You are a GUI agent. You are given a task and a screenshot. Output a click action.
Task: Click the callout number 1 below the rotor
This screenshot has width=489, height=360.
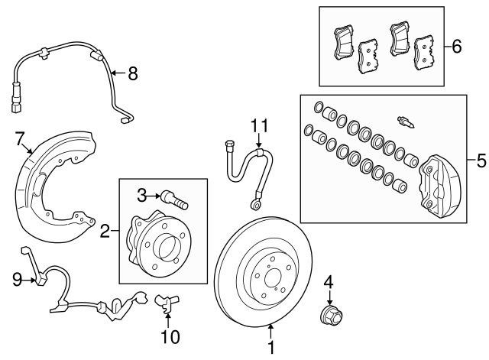tap(270, 349)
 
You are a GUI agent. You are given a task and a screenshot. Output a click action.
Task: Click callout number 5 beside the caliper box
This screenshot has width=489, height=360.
tap(481, 161)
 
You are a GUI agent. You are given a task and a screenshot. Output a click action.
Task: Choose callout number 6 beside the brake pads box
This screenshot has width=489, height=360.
tap(457, 47)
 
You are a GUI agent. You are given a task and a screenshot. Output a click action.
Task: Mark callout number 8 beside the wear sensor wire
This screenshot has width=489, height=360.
tap(132, 73)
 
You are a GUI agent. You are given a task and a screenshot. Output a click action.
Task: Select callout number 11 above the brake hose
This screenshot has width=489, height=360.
tap(260, 125)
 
